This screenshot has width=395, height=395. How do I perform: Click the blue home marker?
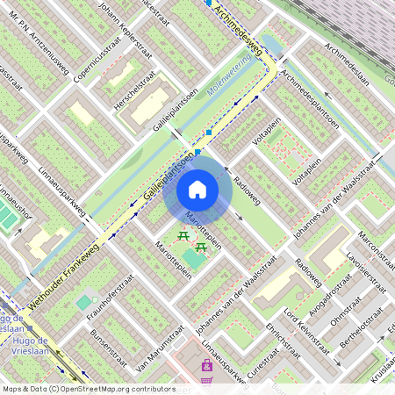[x=197, y=189]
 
